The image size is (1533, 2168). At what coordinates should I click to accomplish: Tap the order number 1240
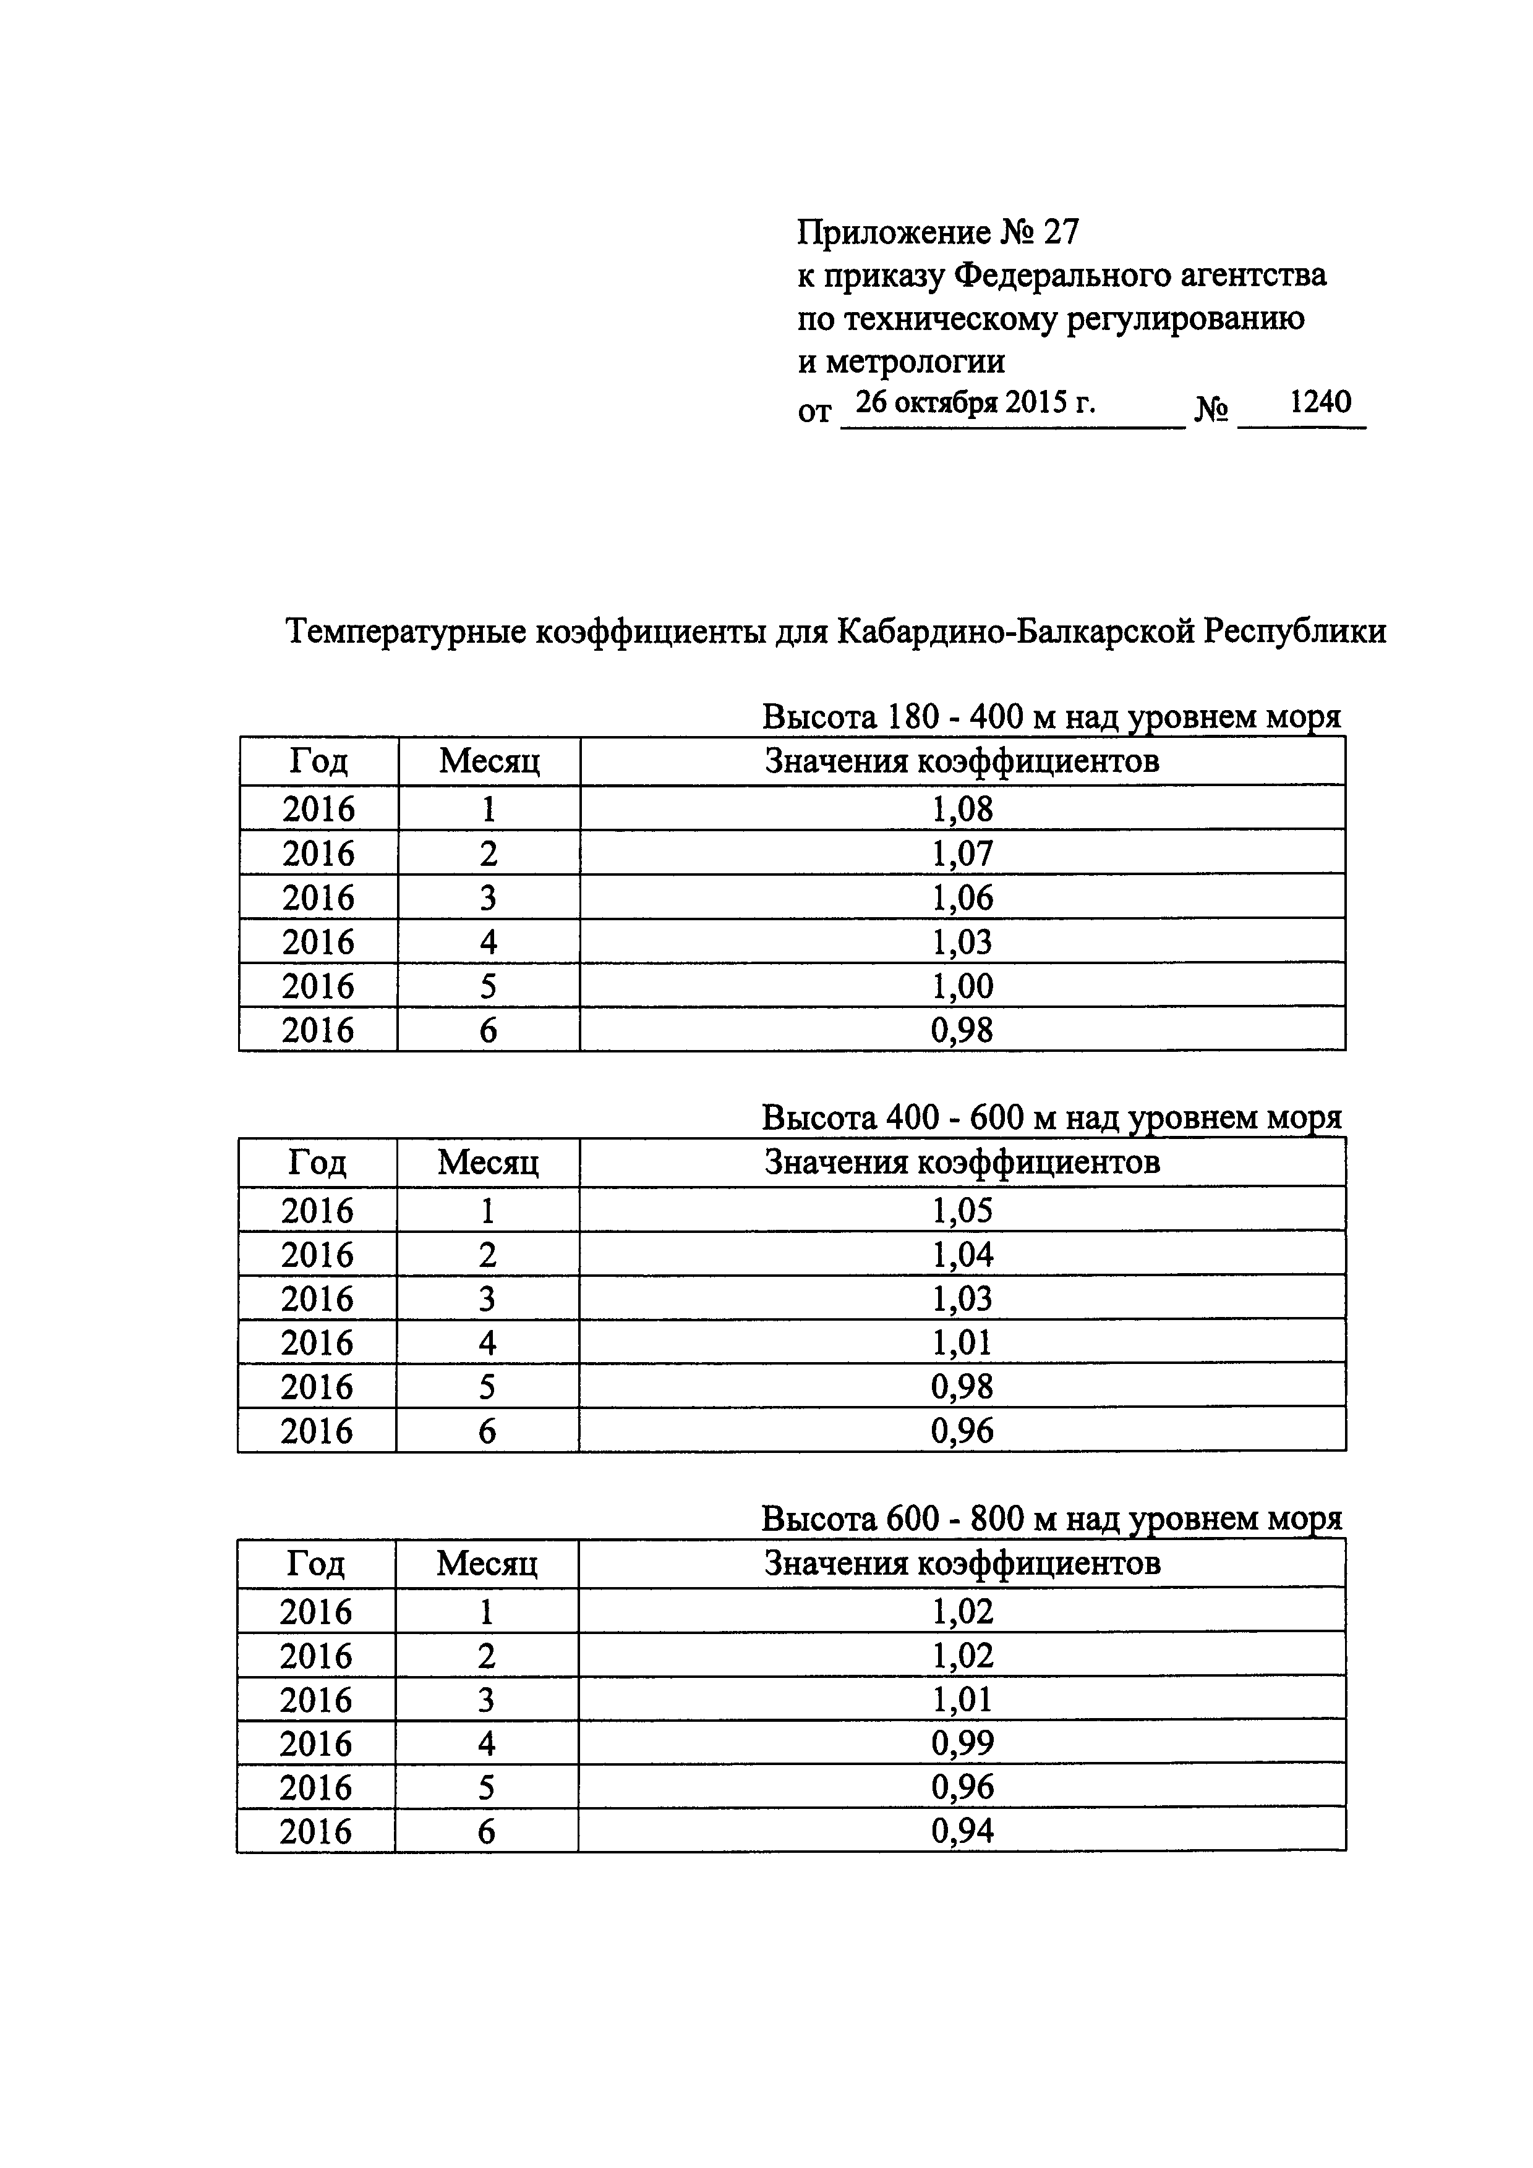click(x=1320, y=402)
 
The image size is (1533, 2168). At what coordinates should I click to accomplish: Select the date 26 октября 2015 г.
click(x=975, y=403)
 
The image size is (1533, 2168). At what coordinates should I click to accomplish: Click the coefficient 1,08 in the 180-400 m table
click(x=962, y=809)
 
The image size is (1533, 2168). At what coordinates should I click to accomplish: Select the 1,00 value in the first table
click(x=962, y=986)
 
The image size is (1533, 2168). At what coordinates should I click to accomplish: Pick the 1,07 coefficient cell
click(x=962, y=853)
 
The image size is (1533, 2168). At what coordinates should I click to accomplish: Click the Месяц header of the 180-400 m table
click(x=489, y=761)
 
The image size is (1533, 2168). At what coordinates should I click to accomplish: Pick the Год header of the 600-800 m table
click(x=315, y=1564)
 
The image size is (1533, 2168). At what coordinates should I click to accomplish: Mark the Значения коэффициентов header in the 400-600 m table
click(x=962, y=1161)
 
